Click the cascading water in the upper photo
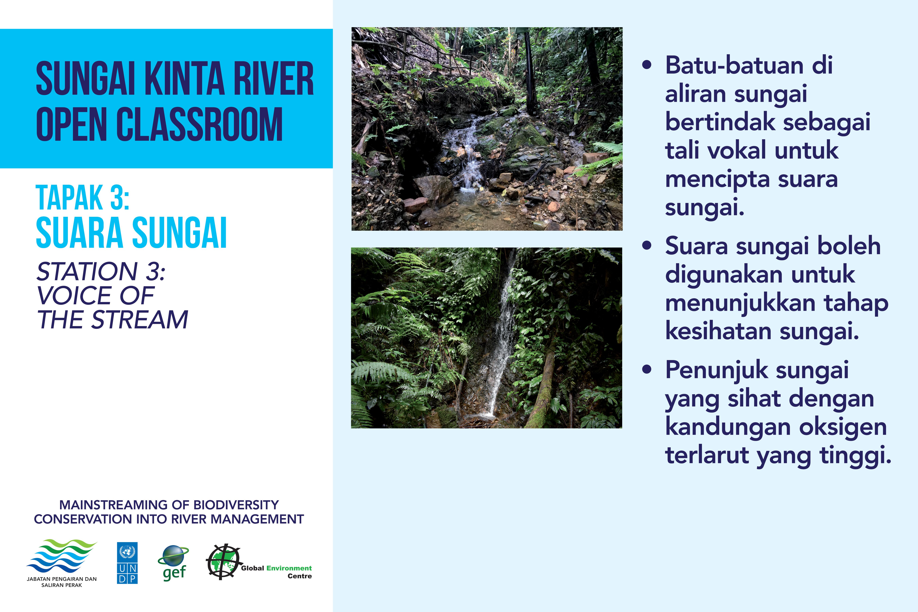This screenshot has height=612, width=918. pos(468,156)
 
